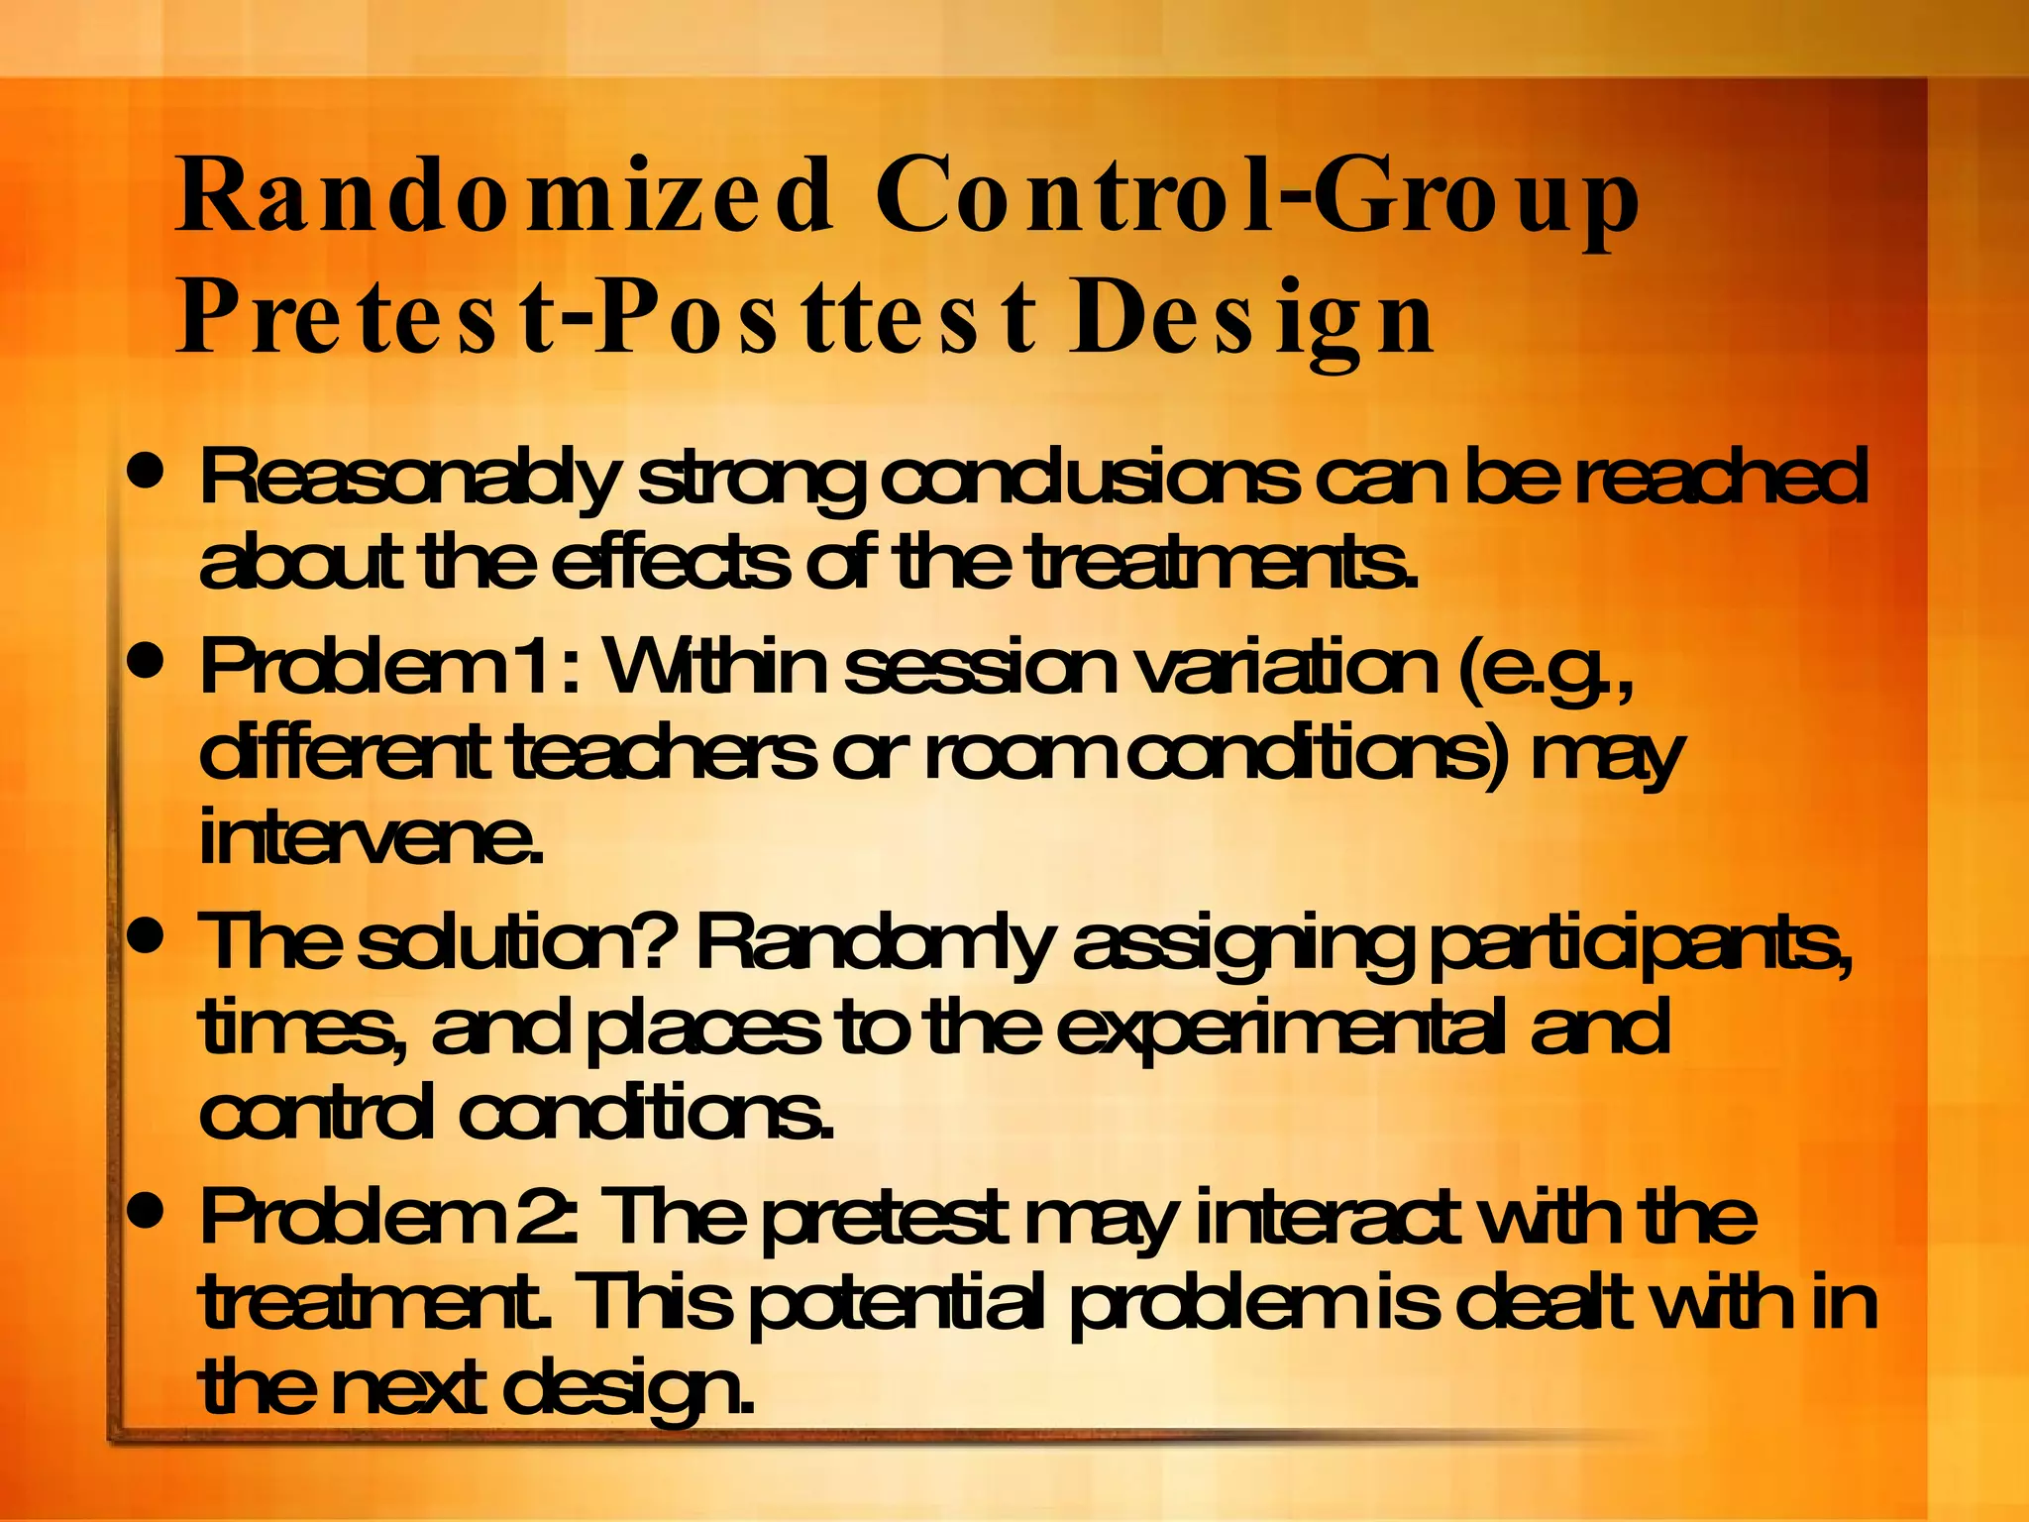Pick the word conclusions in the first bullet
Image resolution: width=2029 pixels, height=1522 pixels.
(x=1090, y=479)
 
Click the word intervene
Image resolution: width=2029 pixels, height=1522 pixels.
(x=372, y=838)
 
